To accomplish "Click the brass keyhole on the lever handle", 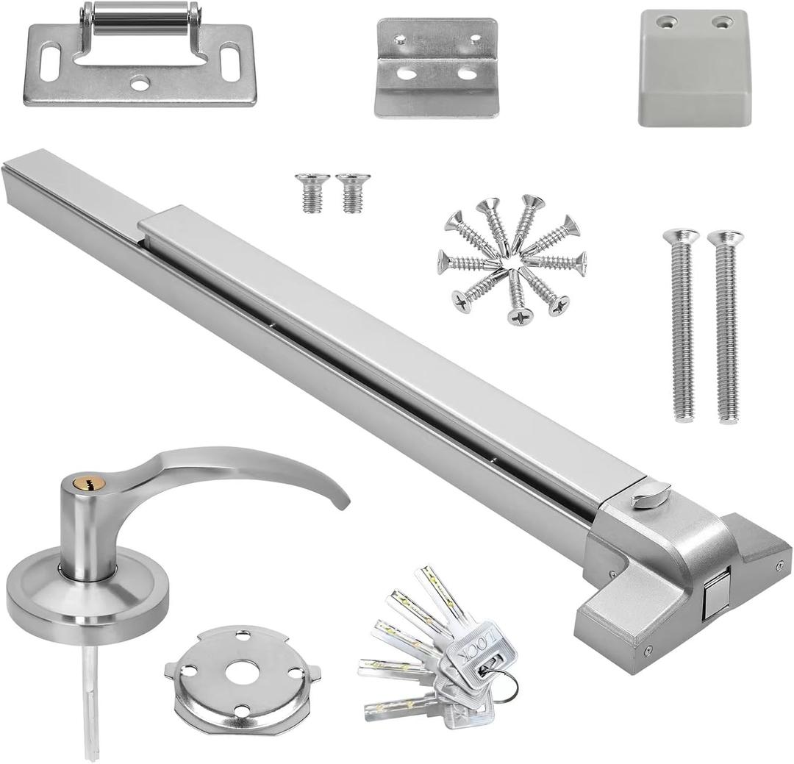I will [93, 484].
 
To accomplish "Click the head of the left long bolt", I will [681, 237].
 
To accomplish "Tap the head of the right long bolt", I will [725, 238].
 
